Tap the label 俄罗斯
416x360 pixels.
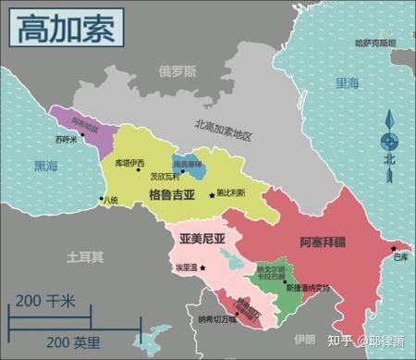(177, 71)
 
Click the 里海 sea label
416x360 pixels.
(347, 83)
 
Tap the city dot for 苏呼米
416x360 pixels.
(82, 133)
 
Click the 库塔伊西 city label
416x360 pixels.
(129, 163)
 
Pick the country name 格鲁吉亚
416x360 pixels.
(172, 195)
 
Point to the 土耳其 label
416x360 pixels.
(84, 255)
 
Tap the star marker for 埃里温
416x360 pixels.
(202, 267)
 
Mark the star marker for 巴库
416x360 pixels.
(393, 247)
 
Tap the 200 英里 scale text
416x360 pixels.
(74, 342)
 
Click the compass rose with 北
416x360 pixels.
(390, 142)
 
